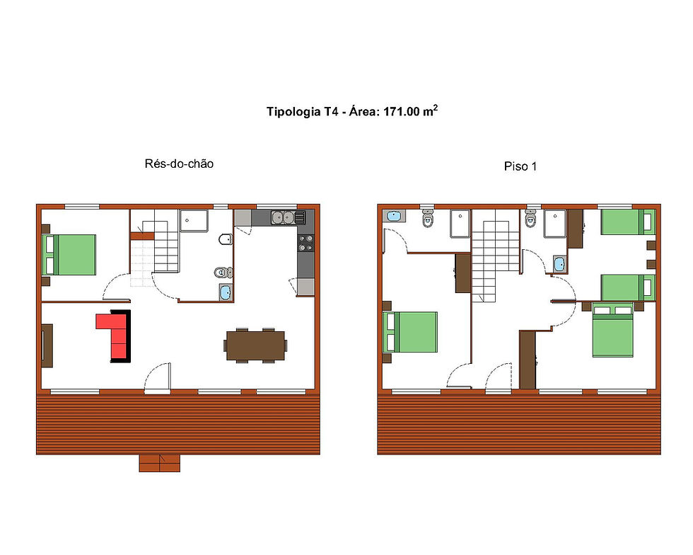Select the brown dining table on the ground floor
click(256, 345)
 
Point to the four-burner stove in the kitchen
click(305, 243)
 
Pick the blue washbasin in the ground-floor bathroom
click(226, 291)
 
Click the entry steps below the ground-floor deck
click(160, 463)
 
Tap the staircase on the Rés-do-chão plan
click(160, 248)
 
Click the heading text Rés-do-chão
click(179, 164)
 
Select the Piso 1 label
click(520, 167)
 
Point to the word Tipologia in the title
click(292, 112)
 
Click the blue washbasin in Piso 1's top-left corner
click(393, 215)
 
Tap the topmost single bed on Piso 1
click(627, 222)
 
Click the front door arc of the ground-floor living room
click(157, 377)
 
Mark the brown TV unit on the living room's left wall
click(47, 345)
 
